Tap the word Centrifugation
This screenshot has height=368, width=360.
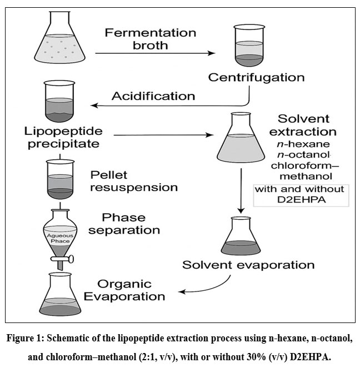[x=256, y=77]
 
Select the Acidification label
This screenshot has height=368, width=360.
[x=153, y=96]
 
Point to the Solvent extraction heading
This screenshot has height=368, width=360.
[x=307, y=125]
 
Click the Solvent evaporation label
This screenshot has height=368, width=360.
[x=248, y=265]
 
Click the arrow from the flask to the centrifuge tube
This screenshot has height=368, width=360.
[x=155, y=53]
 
